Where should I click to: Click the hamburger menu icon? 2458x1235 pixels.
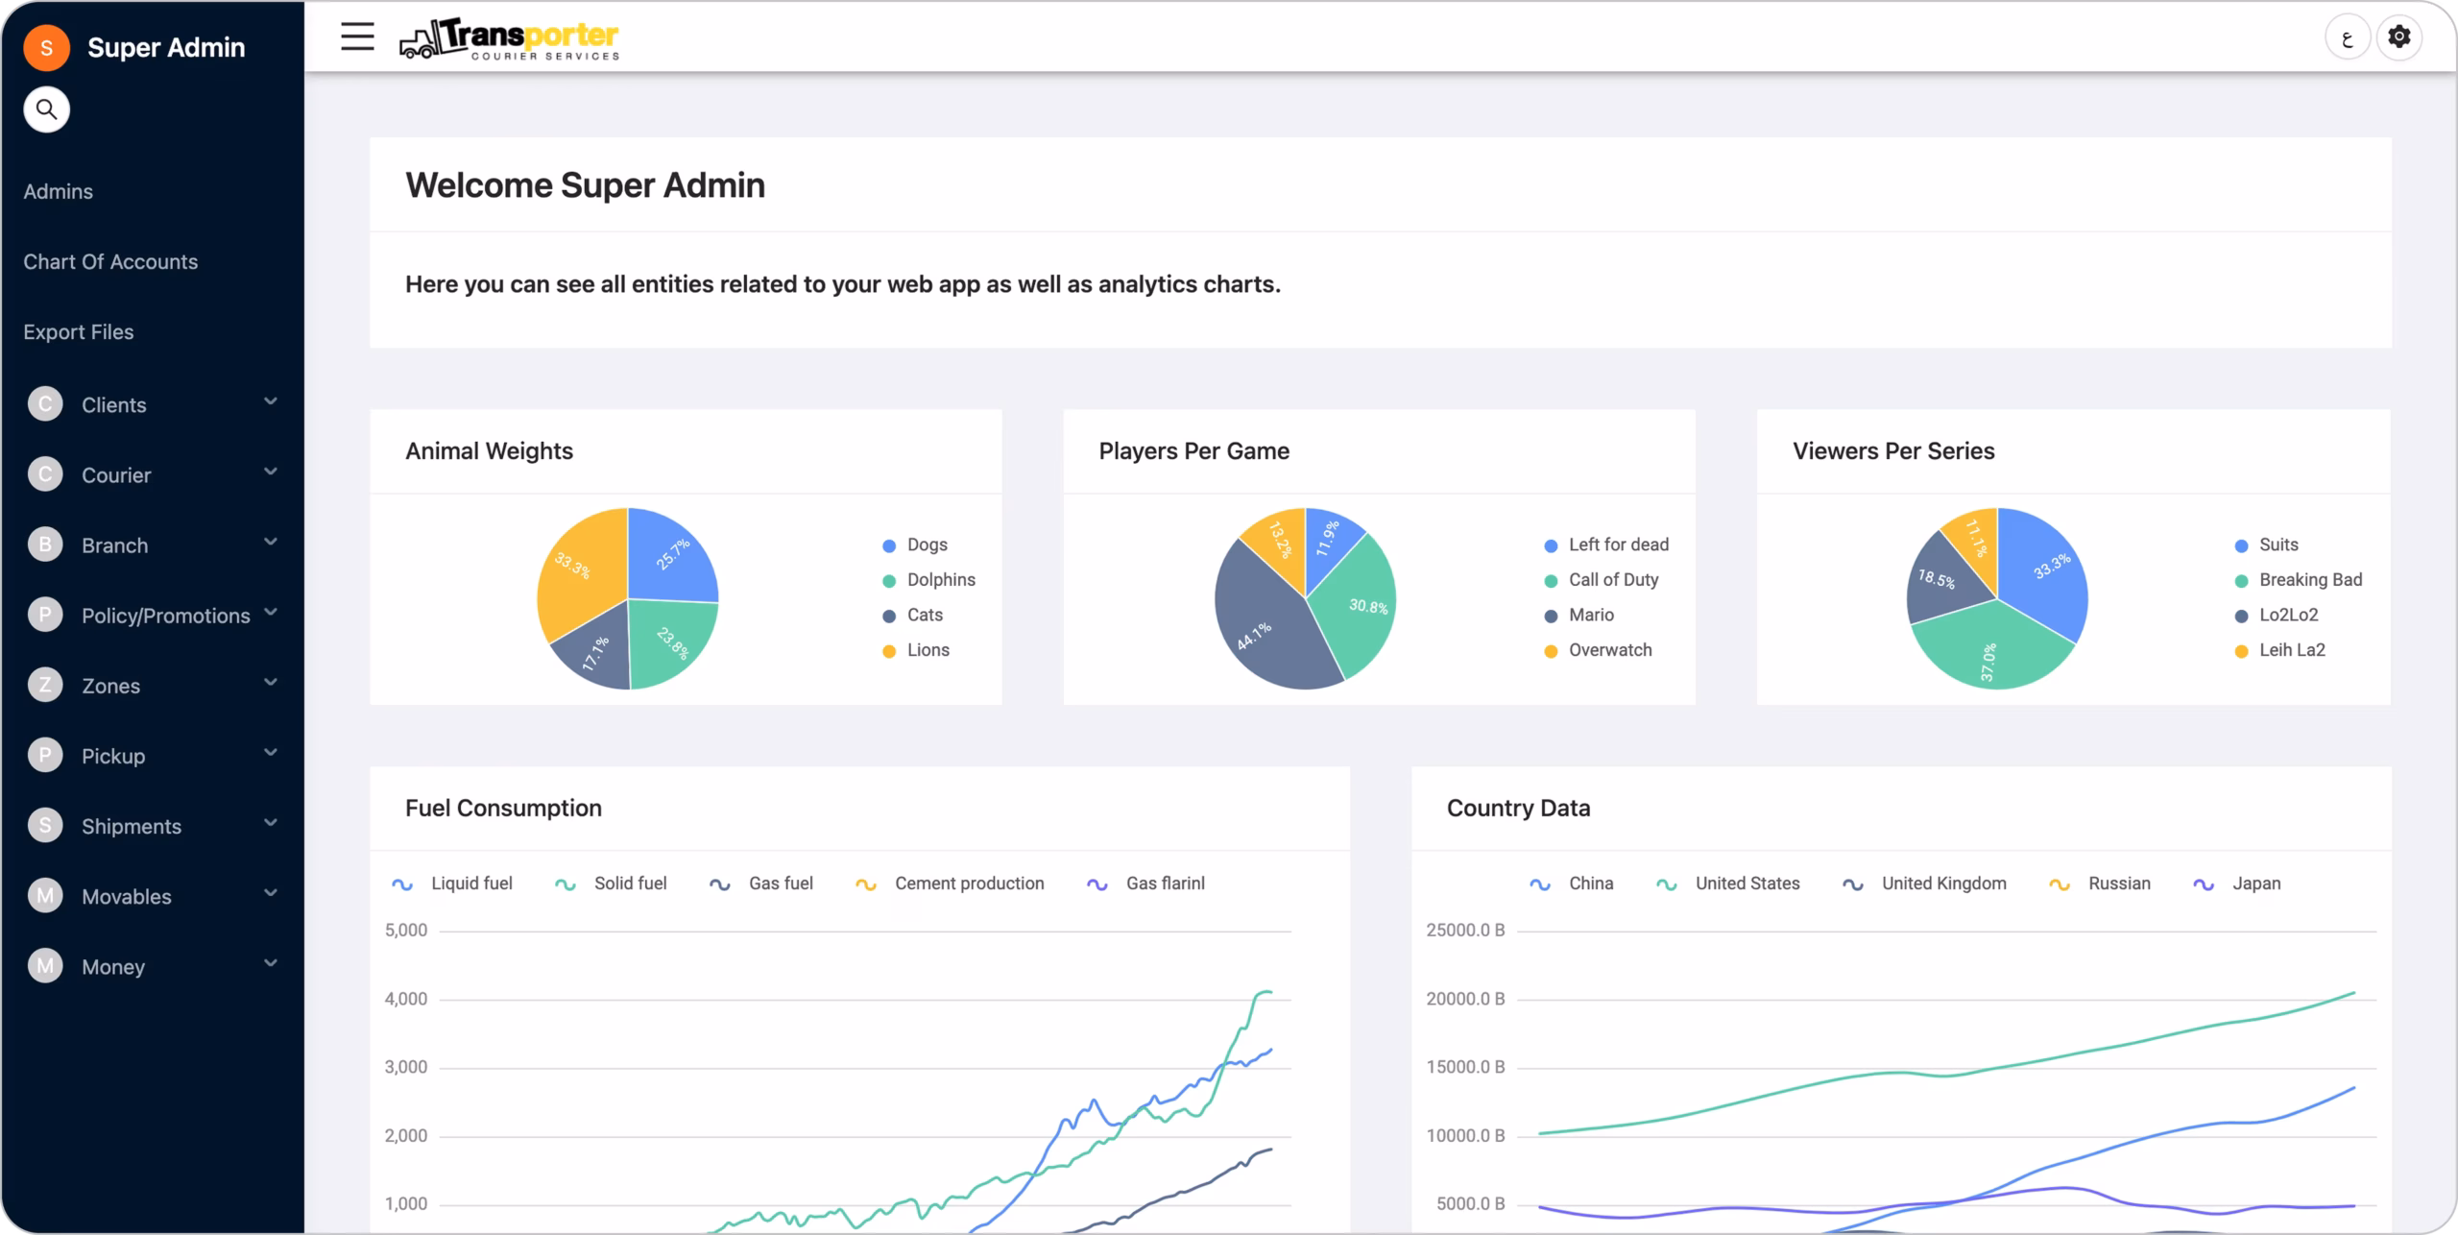(x=357, y=36)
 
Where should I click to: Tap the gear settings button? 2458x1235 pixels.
(x=2398, y=37)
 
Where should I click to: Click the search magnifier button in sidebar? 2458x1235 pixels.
(x=46, y=109)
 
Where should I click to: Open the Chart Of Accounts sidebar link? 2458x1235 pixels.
(x=110, y=261)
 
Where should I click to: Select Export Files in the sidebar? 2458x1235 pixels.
(x=79, y=331)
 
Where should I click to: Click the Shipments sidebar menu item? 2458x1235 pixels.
(x=132, y=826)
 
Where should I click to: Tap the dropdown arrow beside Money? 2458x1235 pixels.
(x=271, y=963)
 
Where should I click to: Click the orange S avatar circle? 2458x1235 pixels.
(x=46, y=47)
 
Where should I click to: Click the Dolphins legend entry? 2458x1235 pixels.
(x=928, y=580)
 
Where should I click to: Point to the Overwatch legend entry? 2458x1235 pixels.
(x=1598, y=650)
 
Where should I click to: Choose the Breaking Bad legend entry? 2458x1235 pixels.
(x=2299, y=580)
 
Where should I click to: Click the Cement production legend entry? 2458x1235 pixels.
(x=950, y=884)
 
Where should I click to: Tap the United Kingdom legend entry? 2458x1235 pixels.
(x=1924, y=884)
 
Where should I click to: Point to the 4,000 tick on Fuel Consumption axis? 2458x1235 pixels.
(x=406, y=999)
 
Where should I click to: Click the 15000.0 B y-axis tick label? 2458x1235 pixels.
(x=1465, y=1067)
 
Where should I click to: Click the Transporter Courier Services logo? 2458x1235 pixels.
(x=510, y=38)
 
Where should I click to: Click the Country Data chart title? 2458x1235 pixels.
(x=1518, y=808)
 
